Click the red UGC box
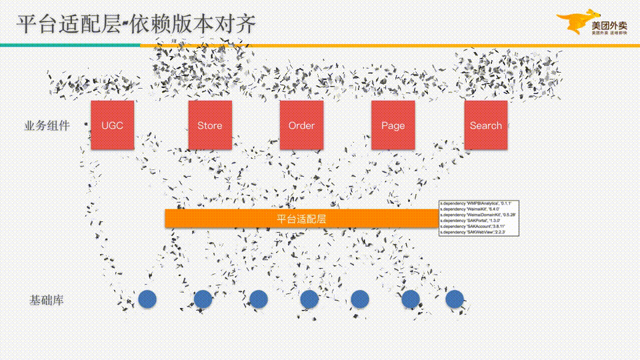click(112, 125)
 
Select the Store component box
click(210, 125)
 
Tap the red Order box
click(301, 125)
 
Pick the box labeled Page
click(393, 125)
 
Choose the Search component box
click(485, 125)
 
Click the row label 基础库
click(47, 300)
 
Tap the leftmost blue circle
click(147, 299)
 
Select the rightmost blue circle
click(455, 299)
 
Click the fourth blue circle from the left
click(309, 299)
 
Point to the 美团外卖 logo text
click(609, 25)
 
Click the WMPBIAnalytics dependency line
click(475, 203)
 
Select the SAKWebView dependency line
click(473, 232)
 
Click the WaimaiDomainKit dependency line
click(476, 215)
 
